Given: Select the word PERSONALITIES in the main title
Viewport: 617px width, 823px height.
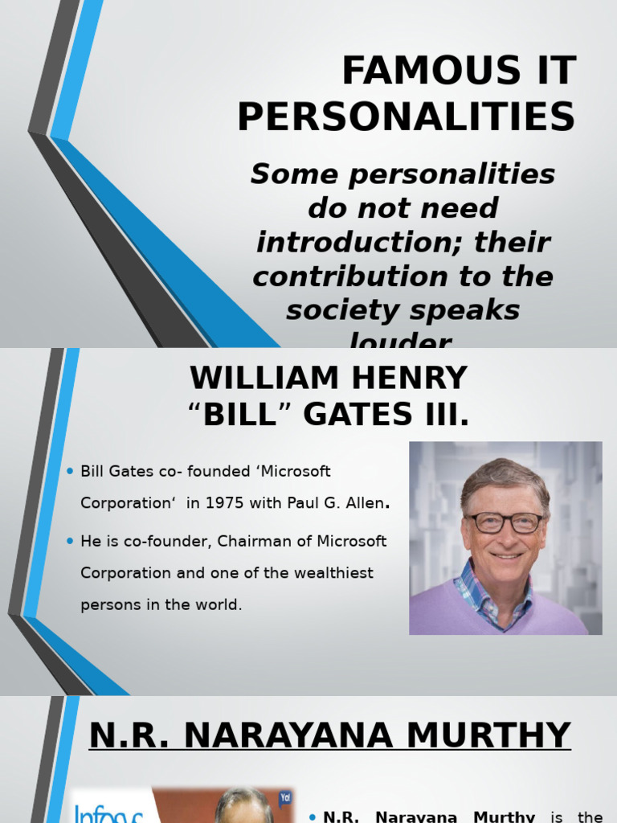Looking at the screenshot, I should point(406,117).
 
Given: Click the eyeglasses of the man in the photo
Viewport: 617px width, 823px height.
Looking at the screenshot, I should point(505,522).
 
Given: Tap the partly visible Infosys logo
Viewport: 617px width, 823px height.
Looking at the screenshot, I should point(108,808).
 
